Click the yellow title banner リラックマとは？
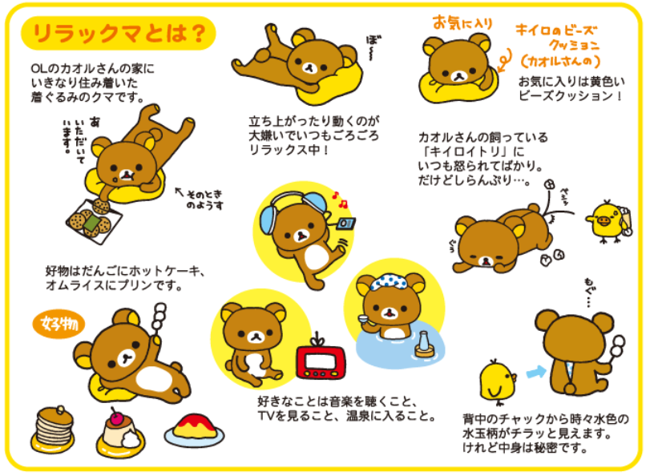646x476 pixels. (x=119, y=33)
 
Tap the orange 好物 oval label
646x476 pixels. (x=59, y=325)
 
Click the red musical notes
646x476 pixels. (x=340, y=200)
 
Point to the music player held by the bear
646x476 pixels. (x=346, y=224)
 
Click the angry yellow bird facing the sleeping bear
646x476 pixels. (x=607, y=221)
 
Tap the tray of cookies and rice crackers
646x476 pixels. (x=94, y=221)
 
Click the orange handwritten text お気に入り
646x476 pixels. (x=462, y=22)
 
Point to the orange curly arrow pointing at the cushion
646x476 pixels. (x=504, y=61)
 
